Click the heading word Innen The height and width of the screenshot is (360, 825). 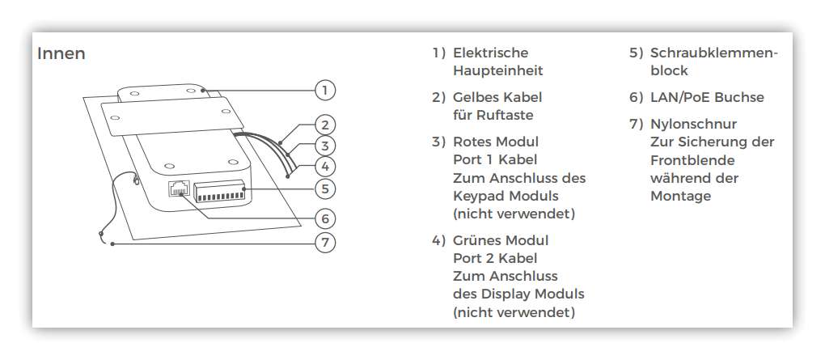click(x=61, y=53)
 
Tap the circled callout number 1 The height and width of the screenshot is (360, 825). click(x=325, y=90)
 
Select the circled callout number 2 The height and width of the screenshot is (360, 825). click(x=325, y=125)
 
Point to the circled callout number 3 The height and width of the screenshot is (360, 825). click(x=325, y=146)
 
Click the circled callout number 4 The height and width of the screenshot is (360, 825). click(x=325, y=167)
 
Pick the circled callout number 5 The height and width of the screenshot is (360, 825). click(x=325, y=188)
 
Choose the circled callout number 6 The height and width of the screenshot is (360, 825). click(x=325, y=218)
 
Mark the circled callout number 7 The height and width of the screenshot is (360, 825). click(x=325, y=243)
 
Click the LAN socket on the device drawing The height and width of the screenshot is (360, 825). click(x=179, y=188)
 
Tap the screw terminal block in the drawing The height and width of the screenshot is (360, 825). click(x=219, y=191)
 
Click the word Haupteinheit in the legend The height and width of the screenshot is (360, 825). click(x=497, y=71)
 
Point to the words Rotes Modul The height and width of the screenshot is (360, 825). click(x=496, y=142)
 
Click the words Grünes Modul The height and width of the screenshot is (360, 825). click(x=501, y=240)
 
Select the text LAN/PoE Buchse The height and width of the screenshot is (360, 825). click(x=707, y=97)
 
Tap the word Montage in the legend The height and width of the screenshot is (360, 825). click(x=680, y=197)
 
